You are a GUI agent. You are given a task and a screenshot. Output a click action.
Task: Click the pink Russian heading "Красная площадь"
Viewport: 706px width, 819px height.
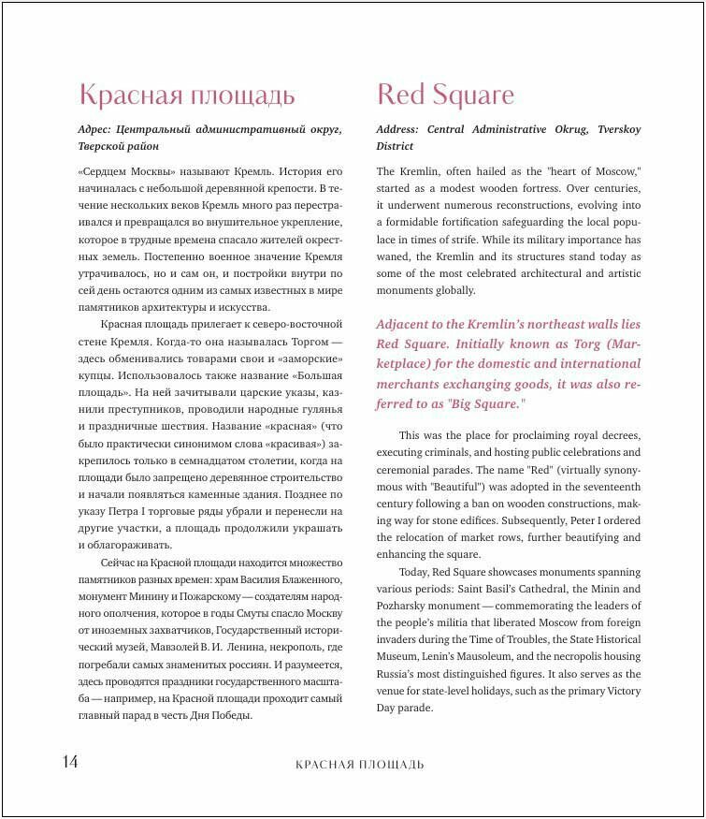point(187,95)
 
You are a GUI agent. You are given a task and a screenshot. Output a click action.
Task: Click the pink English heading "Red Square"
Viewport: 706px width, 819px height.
point(445,95)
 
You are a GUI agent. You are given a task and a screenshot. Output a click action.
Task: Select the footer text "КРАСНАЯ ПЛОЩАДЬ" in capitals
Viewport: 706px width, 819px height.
point(359,765)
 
